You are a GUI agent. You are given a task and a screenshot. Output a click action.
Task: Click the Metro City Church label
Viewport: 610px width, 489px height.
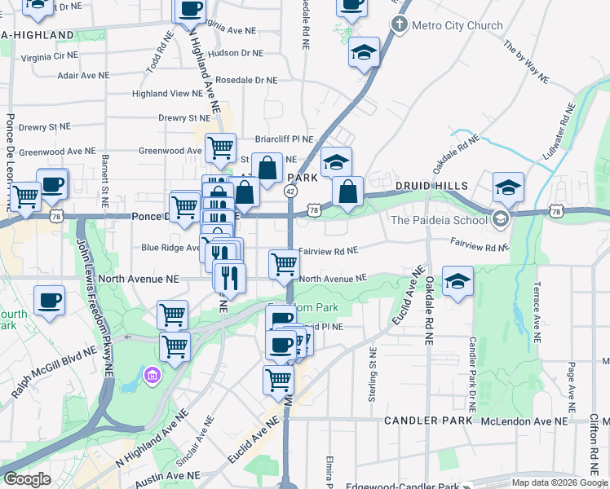pyautogui.click(x=457, y=25)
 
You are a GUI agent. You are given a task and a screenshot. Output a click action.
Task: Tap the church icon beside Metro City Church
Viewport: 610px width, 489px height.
pyautogui.click(x=400, y=24)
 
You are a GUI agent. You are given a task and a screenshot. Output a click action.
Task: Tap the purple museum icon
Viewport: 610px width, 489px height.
pyautogui.click(x=152, y=376)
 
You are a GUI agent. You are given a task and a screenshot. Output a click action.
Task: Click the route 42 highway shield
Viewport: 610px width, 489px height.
pyautogui.click(x=290, y=189)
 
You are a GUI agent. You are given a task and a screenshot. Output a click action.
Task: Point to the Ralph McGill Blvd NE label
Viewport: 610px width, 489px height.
pyautogui.click(x=48, y=368)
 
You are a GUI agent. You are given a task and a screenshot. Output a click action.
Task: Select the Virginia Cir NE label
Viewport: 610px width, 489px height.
pyautogui.click(x=48, y=57)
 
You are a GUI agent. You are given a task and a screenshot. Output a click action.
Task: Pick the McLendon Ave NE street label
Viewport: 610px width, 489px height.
pyautogui.click(x=524, y=421)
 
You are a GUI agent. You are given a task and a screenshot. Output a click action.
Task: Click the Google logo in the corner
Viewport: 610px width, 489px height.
pyautogui.click(x=26, y=479)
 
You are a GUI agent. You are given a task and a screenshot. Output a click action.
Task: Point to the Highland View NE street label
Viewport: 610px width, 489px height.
pyautogui.click(x=167, y=94)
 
